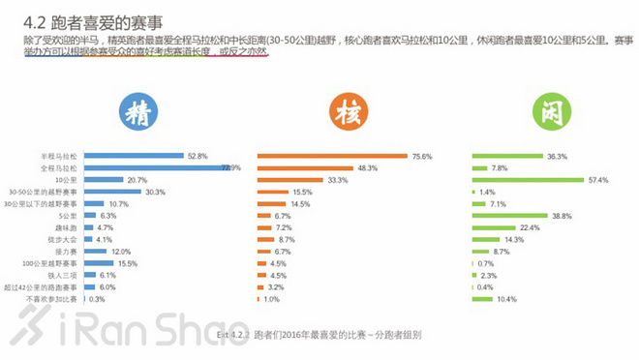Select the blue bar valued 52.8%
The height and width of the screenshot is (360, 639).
(x=135, y=156)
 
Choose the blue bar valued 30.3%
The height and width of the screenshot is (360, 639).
(x=113, y=192)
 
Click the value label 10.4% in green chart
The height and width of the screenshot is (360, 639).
(x=505, y=299)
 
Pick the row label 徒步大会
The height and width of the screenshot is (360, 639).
(x=63, y=239)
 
